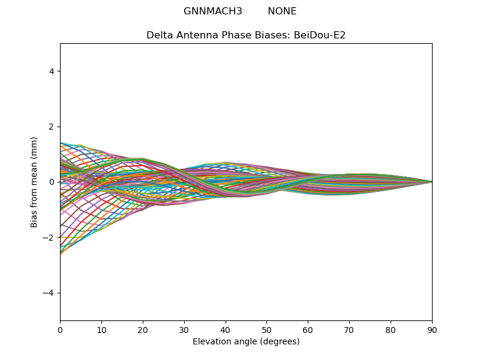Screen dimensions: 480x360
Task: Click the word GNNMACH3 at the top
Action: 213,11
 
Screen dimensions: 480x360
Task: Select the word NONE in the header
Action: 282,11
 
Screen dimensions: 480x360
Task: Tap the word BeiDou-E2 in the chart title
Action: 320,35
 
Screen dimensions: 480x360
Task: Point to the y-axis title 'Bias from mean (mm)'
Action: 34,182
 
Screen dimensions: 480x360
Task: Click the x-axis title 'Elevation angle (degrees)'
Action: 246,341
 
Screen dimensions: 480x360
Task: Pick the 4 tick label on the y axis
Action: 52,71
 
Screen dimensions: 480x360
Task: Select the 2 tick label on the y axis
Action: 52,127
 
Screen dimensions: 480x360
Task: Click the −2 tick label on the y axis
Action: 49,238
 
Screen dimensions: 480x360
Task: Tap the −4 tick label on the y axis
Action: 49,293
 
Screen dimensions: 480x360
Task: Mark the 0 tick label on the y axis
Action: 52,182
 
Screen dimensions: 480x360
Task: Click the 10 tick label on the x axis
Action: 101,331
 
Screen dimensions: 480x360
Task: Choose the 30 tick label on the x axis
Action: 184,331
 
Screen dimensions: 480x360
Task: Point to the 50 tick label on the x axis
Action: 266,331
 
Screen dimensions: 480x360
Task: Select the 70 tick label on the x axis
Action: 349,331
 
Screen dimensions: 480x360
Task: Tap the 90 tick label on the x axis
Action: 432,331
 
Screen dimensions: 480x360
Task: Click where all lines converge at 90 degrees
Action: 432,182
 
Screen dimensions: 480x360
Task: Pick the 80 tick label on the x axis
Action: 391,331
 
